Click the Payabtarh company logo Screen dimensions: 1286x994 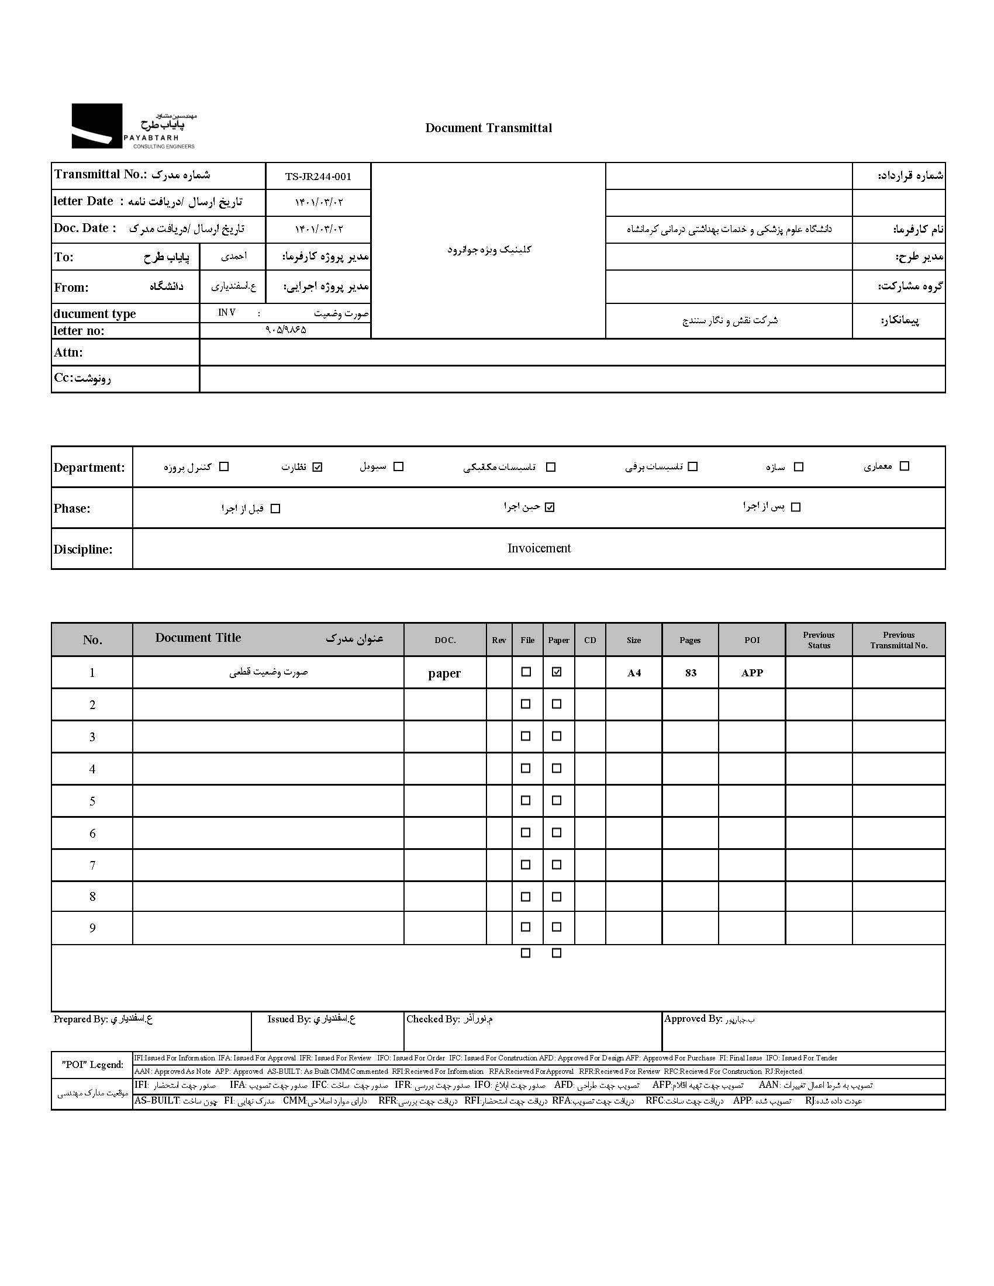click(x=133, y=126)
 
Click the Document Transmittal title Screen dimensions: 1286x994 click(x=488, y=129)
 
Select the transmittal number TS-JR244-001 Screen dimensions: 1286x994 click(x=318, y=177)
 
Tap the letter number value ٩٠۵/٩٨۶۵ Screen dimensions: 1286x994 click(x=285, y=330)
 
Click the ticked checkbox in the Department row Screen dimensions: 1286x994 click(x=317, y=467)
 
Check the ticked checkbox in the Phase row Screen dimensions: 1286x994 click(x=550, y=507)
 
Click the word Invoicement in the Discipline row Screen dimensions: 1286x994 click(x=539, y=548)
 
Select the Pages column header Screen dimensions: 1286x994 click(x=689, y=640)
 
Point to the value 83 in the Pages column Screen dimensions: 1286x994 click(x=691, y=672)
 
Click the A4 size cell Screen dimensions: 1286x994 click(x=634, y=673)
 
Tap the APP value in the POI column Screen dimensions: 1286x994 click(x=752, y=672)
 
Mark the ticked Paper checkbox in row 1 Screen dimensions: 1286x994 click(x=557, y=672)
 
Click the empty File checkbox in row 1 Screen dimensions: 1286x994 click(x=526, y=672)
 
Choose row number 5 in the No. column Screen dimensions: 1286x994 click(x=92, y=801)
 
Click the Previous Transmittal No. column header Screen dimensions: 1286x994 click(x=899, y=640)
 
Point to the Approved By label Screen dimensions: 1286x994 click(x=692, y=1019)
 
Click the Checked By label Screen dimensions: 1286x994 click(x=433, y=1019)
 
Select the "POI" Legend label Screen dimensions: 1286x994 click(x=92, y=1064)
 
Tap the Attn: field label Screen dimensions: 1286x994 click(x=68, y=352)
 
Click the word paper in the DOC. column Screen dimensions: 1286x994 click(x=444, y=673)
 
